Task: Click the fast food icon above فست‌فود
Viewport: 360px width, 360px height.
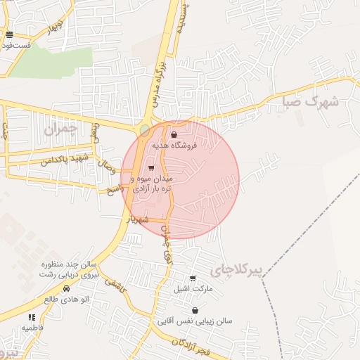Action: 9,34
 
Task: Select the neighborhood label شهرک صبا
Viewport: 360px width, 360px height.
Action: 310,101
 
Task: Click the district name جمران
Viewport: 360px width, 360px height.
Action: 58,129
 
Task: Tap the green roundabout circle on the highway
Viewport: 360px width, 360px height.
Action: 144,130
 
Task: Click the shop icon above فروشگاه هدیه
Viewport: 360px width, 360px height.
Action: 174,134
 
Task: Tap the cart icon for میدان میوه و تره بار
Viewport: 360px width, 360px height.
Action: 150,167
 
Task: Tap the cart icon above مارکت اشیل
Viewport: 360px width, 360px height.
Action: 193,278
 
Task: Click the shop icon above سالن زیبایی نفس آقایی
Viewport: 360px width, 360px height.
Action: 195,310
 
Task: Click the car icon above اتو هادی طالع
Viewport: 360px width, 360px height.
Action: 66,288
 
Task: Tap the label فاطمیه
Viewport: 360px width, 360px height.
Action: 33,328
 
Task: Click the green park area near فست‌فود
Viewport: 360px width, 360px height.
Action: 51,62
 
